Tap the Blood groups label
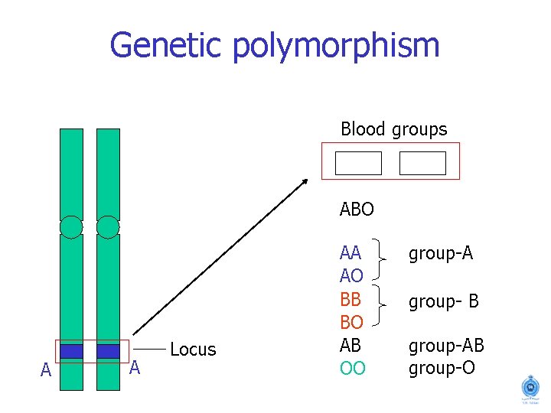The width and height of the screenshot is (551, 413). pyautogui.click(x=393, y=129)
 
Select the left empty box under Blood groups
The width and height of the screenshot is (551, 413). pyautogui.click(x=358, y=163)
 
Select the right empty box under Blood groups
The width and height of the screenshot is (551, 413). pyautogui.click(x=422, y=163)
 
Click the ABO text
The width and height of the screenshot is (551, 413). pyautogui.click(x=357, y=208)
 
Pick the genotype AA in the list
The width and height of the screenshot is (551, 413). pyautogui.click(x=350, y=252)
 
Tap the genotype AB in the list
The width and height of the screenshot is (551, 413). pyautogui.click(x=350, y=344)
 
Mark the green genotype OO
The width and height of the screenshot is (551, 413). pyautogui.click(x=352, y=368)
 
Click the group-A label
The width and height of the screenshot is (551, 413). pyautogui.click(x=440, y=252)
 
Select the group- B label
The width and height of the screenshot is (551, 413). pyautogui.click(x=443, y=301)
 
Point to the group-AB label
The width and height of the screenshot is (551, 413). pyautogui.click(x=446, y=346)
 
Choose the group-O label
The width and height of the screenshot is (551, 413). pyautogui.click(x=442, y=368)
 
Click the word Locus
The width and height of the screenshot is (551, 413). pyautogui.click(x=193, y=350)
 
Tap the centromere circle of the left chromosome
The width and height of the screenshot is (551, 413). pyautogui.click(x=71, y=227)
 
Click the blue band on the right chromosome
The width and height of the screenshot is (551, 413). pyautogui.click(x=108, y=351)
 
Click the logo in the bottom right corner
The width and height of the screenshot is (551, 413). pyautogui.click(x=530, y=388)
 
